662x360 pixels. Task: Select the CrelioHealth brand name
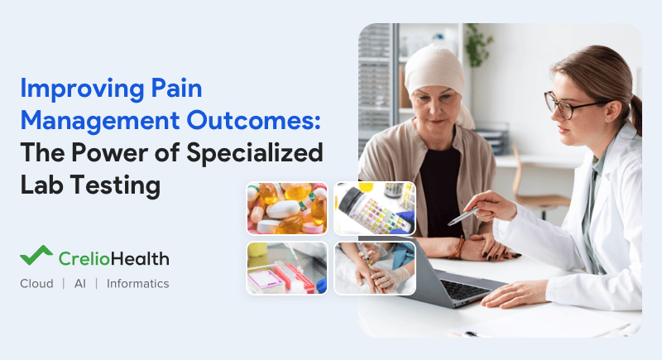pyautogui.click(x=113, y=258)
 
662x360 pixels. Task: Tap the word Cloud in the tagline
pyautogui.click(x=38, y=284)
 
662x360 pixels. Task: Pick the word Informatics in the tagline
pyautogui.click(x=137, y=284)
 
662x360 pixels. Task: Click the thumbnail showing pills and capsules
pyautogui.click(x=288, y=209)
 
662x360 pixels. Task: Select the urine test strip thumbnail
pyautogui.click(x=374, y=209)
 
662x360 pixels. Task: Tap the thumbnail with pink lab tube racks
pyautogui.click(x=288, y=266)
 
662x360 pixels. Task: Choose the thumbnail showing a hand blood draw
pyautogui.click(x=374, y=266)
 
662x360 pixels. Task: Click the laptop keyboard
pyautogui.click(x=464, y=285)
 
